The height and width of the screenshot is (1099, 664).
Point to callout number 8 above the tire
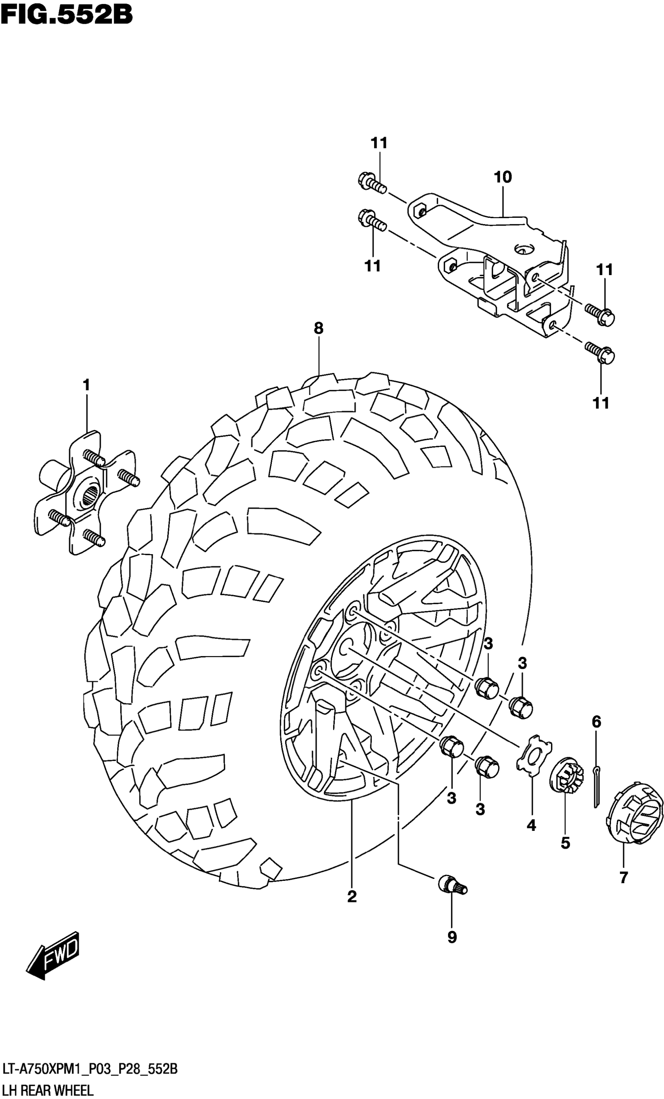pos(318,329)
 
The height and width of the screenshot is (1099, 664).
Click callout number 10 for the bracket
pos(502,178)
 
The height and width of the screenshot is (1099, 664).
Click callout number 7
pos(623,877)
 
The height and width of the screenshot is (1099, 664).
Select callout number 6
pos(596,721)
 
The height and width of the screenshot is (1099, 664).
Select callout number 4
pos(530,825)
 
